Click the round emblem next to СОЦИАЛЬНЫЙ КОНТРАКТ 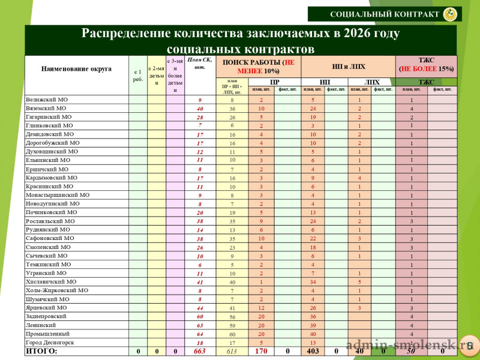pyautogui.click(x=449, y=14)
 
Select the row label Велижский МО pyautogui.click(x=46, y=100)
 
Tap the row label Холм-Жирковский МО pyautogui.click(x=56, y=290)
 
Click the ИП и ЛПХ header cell pyautogui.click(x=348, y=67)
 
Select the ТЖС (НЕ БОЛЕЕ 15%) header pyautogui.click(x=426, y=64)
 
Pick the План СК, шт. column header pyautogui.click(x=200, y=63)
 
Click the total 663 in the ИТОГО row pyautogui.click(x=200, y=351)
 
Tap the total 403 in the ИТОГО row pyautogui.click(x=313, y=351)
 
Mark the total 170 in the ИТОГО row pyautogui.click(x=261, y=351)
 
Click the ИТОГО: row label pyautogui.click(x=41, y=351)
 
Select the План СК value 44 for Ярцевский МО pyautogui.click(x=200, y=308)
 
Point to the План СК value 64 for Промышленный pyautogui.click(x=200, y=334)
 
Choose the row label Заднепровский pyautogui.click(x=46, y=316)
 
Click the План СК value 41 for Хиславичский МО pyautogui.click(x=200, y=281)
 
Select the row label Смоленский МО pyautogui.click(x=48, y=247)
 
